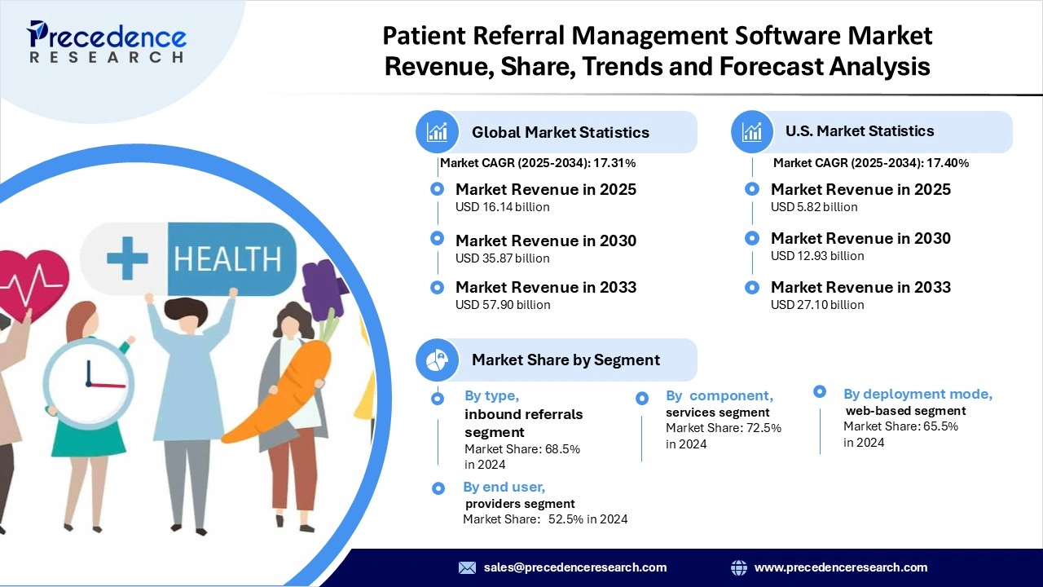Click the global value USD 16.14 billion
[x=502, y=207]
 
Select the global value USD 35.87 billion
[x=502, y=258]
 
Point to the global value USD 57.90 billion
[x=502, y=305]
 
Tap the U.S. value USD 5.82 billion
[x=814, y=207]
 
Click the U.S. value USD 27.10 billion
[x=817, y=305]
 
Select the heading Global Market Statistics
[x=560, y=132]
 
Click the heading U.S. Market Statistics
[x=860, y=131]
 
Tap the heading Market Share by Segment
[x=566, y=360]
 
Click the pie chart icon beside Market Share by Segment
[x=438, y=360]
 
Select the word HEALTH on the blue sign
[x=227, y=258]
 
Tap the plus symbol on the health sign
[x=127, y=258]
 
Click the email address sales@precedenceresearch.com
[x=574, y=567]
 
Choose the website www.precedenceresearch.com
[x=840, y=567]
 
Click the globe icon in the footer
[x=739, y=567]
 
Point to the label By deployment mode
[x=918, y=395]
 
